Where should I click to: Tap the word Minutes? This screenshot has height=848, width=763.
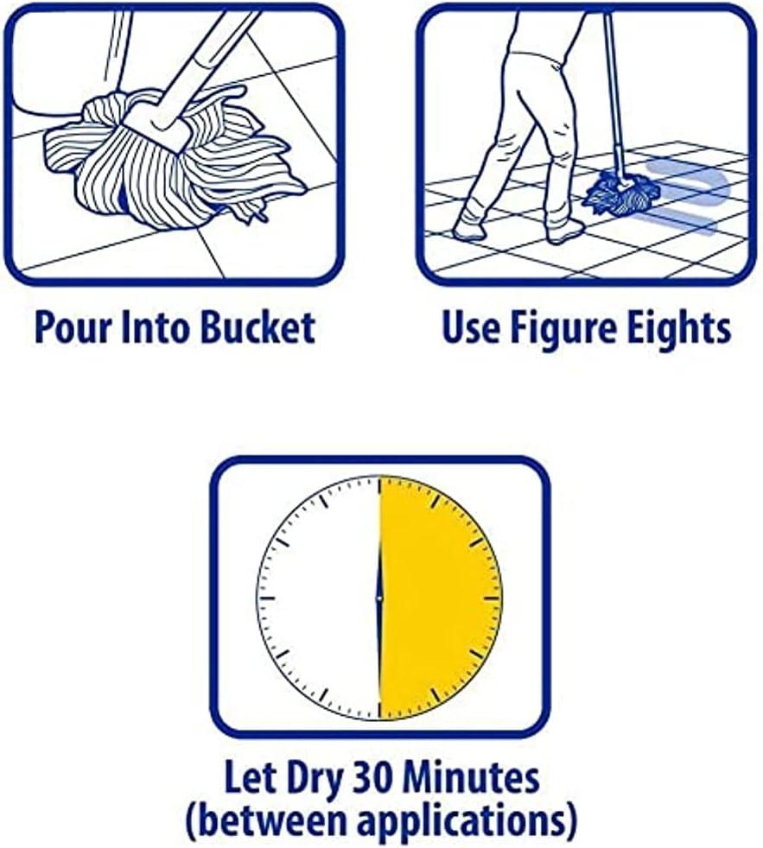(467, 778)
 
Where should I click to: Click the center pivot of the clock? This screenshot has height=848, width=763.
(379, 598)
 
